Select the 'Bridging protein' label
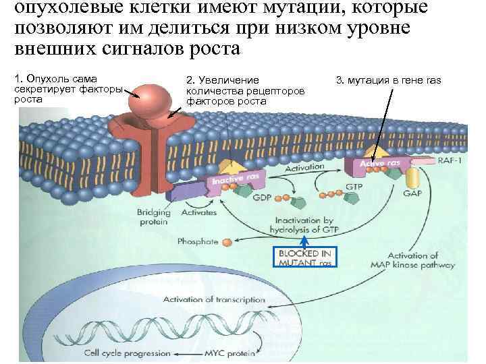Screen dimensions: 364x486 [x=153, y=217]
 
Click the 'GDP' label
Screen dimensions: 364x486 [x=262, y=199]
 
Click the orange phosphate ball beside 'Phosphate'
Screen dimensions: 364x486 [x=228, y=241]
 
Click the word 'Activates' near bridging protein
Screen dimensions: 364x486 [x=198, y=212]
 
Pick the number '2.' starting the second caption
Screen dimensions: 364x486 [x=190, y=81]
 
